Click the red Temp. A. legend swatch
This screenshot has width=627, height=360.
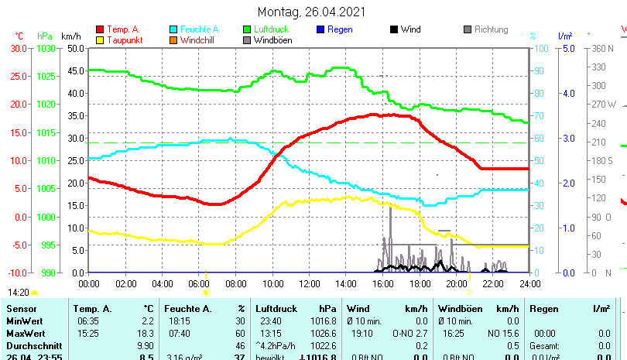[x=100, y=30]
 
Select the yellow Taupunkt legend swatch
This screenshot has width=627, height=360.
[x=100, y=40]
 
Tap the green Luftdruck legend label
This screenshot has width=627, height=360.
[x=270, y=30]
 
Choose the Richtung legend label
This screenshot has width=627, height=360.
[x=491, y=30]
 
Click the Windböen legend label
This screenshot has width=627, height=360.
[x=272, y=40]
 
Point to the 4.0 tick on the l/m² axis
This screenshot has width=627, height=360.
[x=568, y=93]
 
